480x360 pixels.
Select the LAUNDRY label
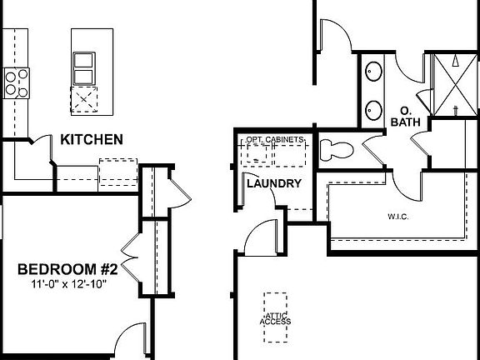point(273,183)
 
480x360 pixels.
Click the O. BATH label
point(407,116)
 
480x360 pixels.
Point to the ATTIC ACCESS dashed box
point(274,317)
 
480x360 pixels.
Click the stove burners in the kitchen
point(14,82)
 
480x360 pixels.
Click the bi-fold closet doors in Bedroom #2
point(128,249)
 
